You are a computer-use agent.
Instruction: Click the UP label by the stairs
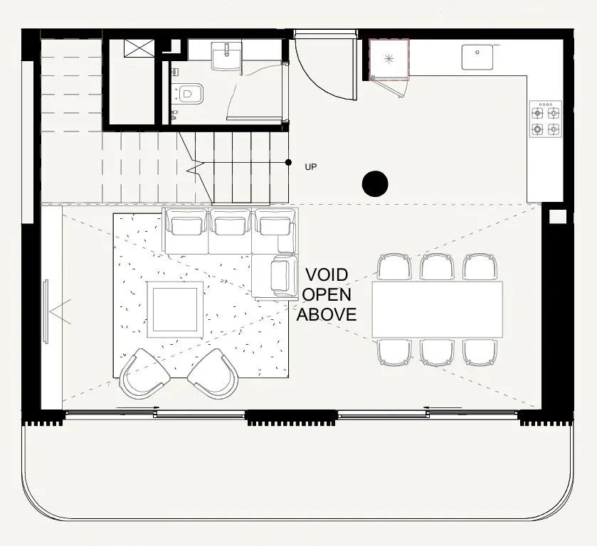(310, 167)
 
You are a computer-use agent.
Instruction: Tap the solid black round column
(375, 184)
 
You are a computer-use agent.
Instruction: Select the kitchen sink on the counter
(478, 57)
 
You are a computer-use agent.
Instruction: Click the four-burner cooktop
(545, 119)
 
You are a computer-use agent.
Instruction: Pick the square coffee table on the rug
(175, 309)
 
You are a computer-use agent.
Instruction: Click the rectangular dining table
(437, 309)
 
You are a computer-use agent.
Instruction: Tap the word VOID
(326, 275)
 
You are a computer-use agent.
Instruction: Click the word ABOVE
(326, 314)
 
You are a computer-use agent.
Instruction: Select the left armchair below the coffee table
(144, 374)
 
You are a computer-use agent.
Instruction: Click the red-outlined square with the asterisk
(389, 59)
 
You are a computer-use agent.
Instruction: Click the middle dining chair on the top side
(437, 267)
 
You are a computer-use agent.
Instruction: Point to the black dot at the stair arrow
(288, 163)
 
